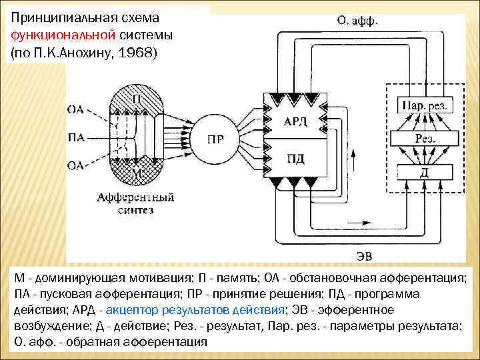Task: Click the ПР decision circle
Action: click(215, 139)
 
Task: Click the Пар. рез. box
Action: click(425, 105)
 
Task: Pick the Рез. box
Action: click(425, 138)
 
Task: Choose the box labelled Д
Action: click(425, 172)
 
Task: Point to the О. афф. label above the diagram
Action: click(357, 20)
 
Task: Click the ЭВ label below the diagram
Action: click(365, 255)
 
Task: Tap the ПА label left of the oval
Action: click(76, 138)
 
